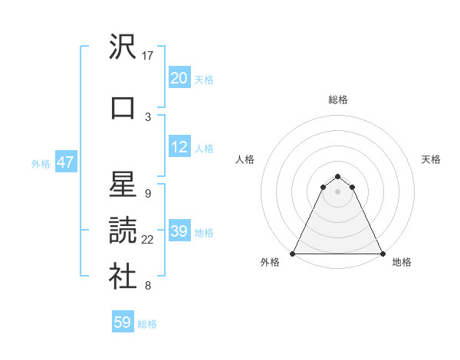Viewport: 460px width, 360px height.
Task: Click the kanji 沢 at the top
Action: coord(123,47)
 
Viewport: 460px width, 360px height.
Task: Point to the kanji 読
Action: coord(123,231)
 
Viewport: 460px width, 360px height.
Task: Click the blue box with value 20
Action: coord(179,78)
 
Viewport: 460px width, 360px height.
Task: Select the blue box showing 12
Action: coord(179,147)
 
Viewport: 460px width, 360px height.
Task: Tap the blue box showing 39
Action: coord(179,231)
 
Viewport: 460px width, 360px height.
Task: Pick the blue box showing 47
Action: coord(65,162)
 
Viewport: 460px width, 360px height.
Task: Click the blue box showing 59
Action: coord(123,323)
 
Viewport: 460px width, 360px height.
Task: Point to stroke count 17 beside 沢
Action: coord(148,56)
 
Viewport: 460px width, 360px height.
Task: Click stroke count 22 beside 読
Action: coord(148,240)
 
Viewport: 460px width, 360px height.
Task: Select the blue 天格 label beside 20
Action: coord(204,79)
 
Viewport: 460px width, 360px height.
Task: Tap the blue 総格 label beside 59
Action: coord(147,324)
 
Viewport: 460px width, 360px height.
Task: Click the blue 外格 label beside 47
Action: coord(41,163)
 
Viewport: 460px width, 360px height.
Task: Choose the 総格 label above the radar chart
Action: coord(337,100)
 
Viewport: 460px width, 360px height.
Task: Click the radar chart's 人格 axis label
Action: coord(245,159)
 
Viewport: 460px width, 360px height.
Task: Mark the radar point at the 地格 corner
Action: coord(382,253)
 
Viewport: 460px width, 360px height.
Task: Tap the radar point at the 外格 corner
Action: coord(293,253)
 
